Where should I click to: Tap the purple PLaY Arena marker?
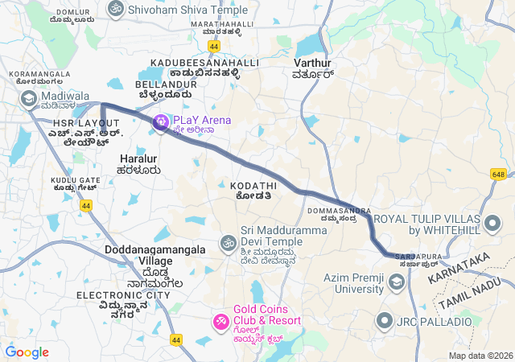(x=161, y=121)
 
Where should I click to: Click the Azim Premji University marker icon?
(x=396, y=283)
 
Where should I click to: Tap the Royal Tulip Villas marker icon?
(x=492, y=222)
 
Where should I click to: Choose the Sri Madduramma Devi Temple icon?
(x=229, y=242)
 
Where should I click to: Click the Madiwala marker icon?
(x=30, y=98)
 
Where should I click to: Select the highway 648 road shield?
(x=498, y=174)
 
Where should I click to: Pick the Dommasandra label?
(x=338, y=211)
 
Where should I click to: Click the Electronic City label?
(x=123, y=295)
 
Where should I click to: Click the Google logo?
(x=27, y=352)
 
